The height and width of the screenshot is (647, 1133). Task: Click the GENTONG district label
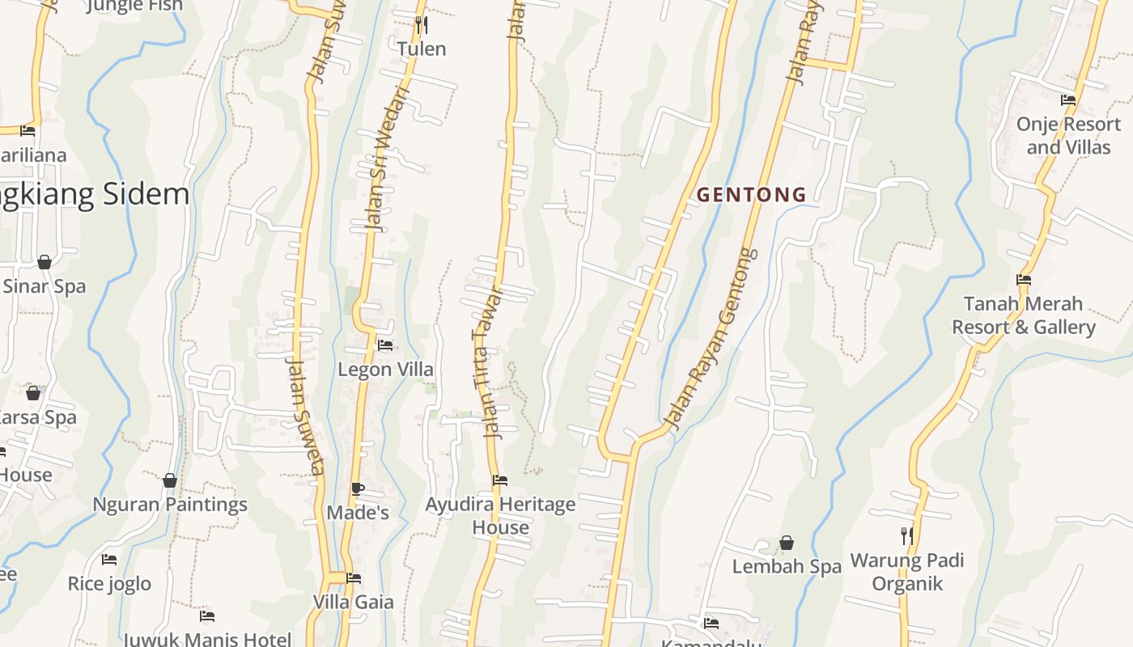[751, 195]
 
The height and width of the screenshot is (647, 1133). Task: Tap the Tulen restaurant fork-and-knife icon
[421, 25]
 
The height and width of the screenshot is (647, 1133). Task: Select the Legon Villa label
[385, 370]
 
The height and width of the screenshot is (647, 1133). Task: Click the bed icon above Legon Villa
[385, 345]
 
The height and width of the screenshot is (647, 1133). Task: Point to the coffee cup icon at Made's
[357, 488]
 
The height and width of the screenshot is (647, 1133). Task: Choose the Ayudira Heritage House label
[500, 516]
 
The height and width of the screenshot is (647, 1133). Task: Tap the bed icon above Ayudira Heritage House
[500, 480]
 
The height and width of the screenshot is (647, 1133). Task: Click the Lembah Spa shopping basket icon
[786, 543]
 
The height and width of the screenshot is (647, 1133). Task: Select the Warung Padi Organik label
[907, 572]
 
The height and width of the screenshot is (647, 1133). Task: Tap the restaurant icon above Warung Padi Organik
[907, 535]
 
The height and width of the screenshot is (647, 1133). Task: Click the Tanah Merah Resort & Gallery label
[1023, 315]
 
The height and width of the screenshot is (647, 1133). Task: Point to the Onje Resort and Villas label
[1068, 136]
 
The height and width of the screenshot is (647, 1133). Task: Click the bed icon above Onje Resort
[1068, 100]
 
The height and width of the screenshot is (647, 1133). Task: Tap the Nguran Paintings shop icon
[170, 481]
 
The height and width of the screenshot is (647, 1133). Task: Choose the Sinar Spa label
[45, 286]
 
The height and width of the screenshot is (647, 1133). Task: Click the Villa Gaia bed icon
[354, 578]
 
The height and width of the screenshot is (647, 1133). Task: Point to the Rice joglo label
[109, 584]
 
